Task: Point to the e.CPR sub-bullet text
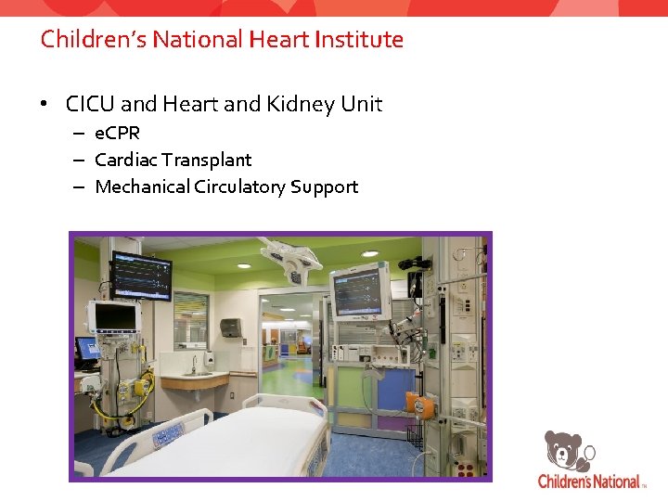coord(117,134)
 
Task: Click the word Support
coord(324,186)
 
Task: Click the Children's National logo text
coord(589,482)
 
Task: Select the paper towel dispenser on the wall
coord(230,327)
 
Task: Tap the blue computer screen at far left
coord(88,348)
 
